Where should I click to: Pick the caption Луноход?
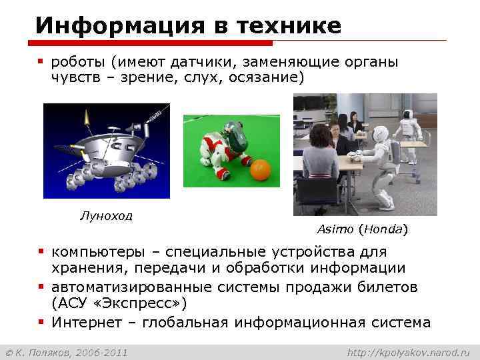106,215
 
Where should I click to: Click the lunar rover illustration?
107,151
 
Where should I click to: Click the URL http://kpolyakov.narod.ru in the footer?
409,351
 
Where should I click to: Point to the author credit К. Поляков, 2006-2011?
67,351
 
